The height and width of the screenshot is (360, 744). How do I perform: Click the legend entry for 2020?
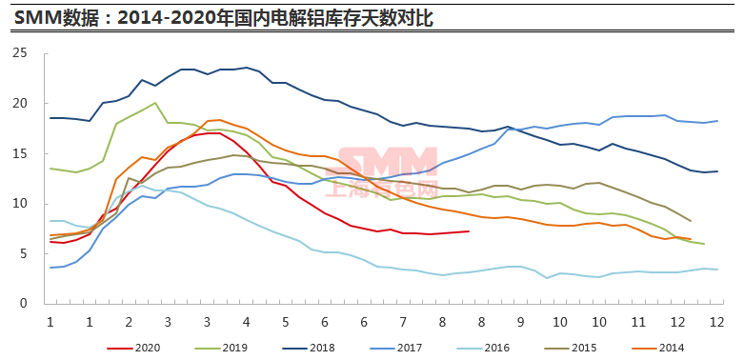[x=133, y=349]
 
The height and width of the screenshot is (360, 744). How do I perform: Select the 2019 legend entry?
[x=221, y=349]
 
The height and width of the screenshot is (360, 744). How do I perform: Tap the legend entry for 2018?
[x=309, y=349]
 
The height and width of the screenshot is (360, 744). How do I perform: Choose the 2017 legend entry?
[x=395, y=349]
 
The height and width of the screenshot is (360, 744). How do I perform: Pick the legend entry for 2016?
[x=483, y=349]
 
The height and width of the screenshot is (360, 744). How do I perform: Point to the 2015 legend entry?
[x=571, y=349]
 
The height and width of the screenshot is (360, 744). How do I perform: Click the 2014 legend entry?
[x=657, y=349]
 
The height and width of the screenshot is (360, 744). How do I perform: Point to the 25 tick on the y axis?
[x=33, y=53]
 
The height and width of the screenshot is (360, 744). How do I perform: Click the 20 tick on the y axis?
[x=33, y=104]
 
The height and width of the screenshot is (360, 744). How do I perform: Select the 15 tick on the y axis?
[x=33, y=153]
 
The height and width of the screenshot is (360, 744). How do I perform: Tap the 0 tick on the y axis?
[x=36, y=304]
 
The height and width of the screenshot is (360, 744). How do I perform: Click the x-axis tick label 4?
[x=246, y=322]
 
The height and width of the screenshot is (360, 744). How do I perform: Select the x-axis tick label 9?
[x=520, y=322]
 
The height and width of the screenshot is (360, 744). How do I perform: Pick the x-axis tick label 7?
[x=403, y=322]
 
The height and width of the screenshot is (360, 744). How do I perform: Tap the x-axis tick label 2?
[x=128, y=322]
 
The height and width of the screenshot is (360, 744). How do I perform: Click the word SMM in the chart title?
[x=33, y=18]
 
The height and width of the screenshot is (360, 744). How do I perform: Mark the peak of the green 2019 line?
[x=154, y=103]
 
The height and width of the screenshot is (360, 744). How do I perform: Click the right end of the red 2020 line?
[x=469, y=231]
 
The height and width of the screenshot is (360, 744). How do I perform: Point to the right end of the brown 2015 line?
[x=691, y=221]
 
